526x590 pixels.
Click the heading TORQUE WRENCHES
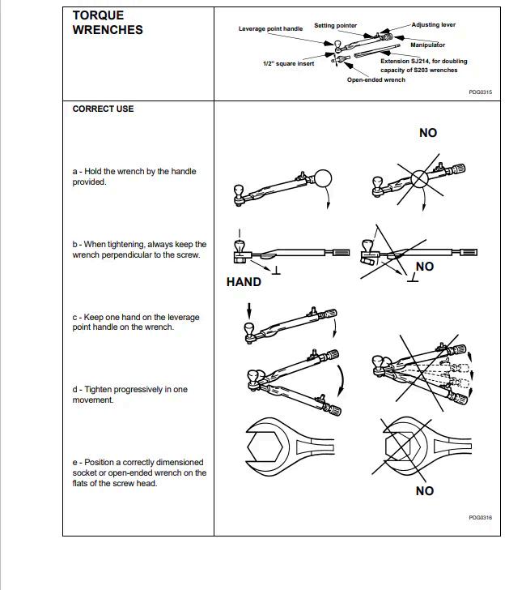[x=108, y=23]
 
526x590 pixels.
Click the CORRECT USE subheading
[x=103, y=109]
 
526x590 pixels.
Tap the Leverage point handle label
[x=270, y=28]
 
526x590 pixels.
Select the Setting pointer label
[x=335, y=26]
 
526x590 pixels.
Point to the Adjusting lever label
[x=433, y=25]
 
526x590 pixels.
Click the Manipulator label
[x=427, y=45]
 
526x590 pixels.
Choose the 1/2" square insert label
[x=288, y=64]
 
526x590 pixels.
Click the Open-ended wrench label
[x=376, y=80]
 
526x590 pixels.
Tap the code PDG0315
[x=480, y=92]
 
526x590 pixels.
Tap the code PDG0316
[x=480, y=517]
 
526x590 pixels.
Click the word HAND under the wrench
[x=244, y=282]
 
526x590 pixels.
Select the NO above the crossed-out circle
[x=428, y=133]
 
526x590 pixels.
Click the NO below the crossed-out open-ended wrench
[x=425, y=490]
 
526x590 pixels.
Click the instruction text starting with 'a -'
[x=134, y=177]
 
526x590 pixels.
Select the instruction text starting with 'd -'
[x=129, y=395]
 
